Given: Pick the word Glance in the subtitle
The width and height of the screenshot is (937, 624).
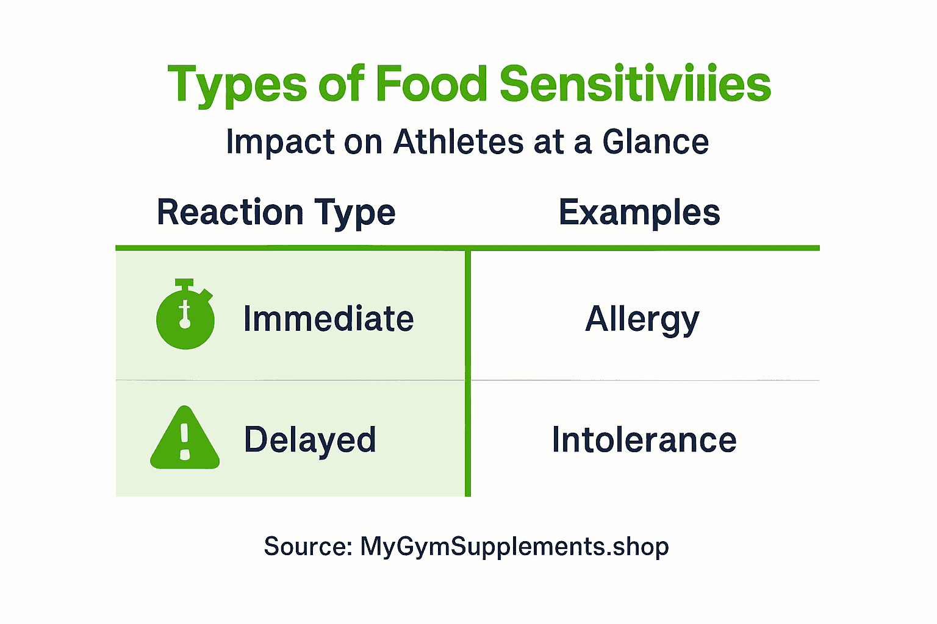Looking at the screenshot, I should [x=656, y=142].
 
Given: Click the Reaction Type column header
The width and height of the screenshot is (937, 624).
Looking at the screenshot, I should [x=276, y=213].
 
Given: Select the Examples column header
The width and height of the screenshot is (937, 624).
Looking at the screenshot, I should [x=639, y=213].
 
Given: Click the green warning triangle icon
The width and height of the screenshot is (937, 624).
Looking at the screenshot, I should [x=185, y=439].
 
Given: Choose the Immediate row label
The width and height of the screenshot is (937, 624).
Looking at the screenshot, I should [x=328, y=319].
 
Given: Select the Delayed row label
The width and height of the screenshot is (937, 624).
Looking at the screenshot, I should [x=310, y=440].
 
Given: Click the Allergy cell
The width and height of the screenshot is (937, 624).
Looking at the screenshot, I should [x=642, y=319].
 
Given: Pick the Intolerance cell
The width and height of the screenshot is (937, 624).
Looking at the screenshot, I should [x=644, y=440].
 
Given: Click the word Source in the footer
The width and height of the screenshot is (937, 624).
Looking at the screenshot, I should [x=307, y=547].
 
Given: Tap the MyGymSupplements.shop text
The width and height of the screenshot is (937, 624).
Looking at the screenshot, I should [x=514, y=547].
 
